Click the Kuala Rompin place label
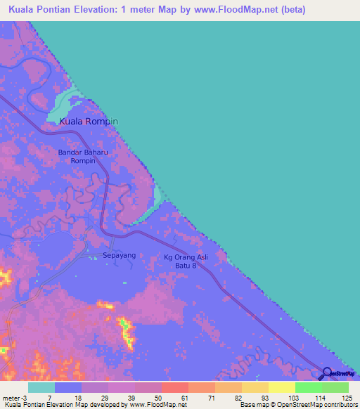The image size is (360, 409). pos(89,122)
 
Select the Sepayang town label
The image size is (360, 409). pos(120,256)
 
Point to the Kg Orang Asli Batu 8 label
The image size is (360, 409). pos(186,261)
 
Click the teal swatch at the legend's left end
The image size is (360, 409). pos(41,387)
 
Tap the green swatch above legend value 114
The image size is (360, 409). pos(309,387)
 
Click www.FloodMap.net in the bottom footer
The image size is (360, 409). pos(152,405)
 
